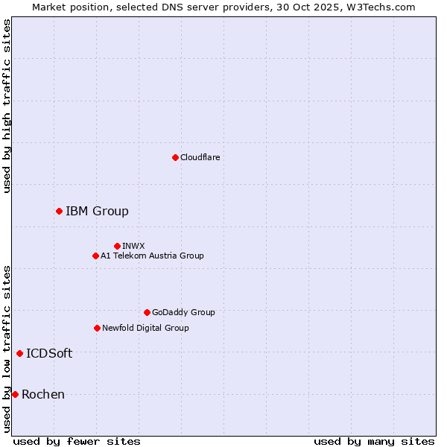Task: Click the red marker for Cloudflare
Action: (x=175, y=157)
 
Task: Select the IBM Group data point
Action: (x=59, y=212)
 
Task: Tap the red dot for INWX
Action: (x=117, y=246)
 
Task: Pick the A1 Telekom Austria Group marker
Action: (x=95, y=256)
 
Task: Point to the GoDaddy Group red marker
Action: (x=147, y=312)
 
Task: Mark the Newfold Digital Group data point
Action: (x=97, y=328)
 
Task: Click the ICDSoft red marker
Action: (x=19, y=353)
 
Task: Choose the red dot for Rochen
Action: (x=15, y=394)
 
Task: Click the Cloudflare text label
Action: (x=200, y=157)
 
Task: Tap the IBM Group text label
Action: (x=97, y=212)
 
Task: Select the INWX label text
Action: (x=133, y=246)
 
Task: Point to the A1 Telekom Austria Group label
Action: (x=152, y=256)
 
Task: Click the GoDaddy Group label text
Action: (x=183, y=312)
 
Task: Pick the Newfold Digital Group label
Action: (x=145, y=328)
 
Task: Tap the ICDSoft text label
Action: (x=49, y=353)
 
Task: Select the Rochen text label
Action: (x=43, y=394)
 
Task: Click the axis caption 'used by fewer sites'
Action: (x=77, y=441)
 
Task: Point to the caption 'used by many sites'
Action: (x=374, y=441)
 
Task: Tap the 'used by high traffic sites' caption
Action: (x=7, y=106)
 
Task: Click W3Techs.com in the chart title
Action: (x=378, y=7)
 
